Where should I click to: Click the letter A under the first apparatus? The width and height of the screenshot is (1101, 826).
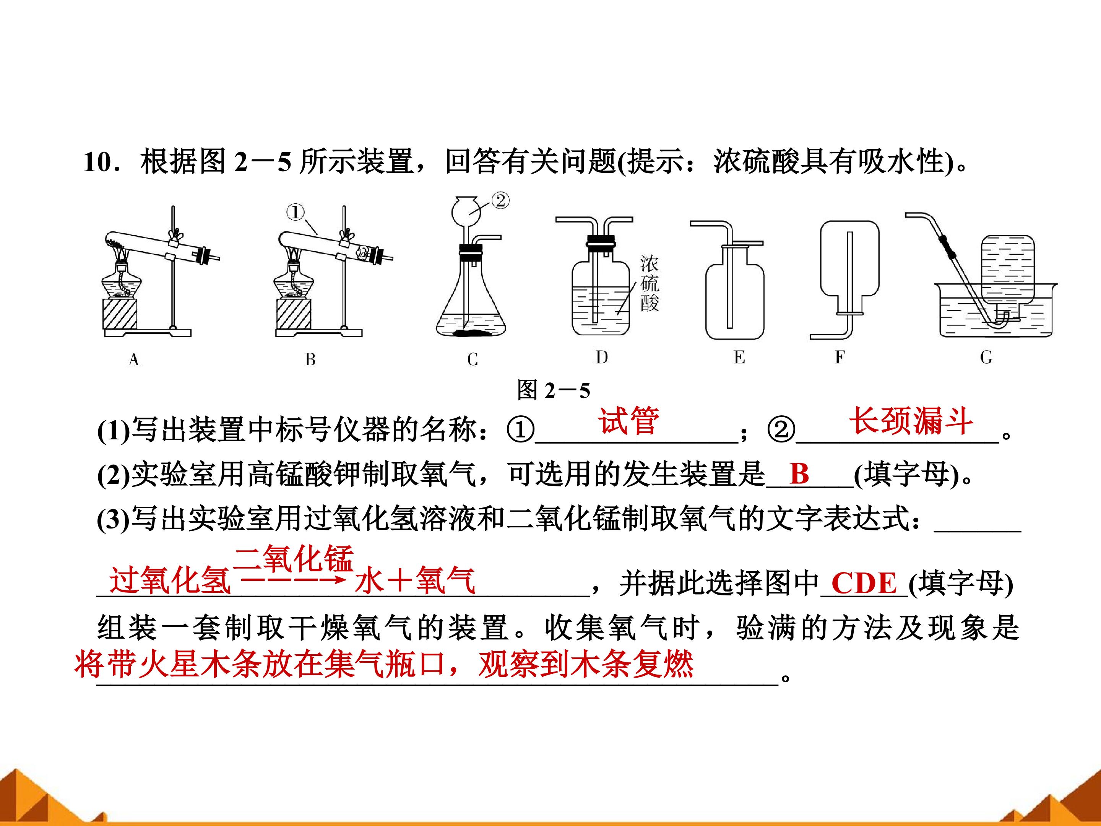tap(133, 359)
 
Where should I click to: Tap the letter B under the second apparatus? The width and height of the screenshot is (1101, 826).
tap(310, 359)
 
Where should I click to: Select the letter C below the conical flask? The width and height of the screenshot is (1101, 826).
tap(473, 359)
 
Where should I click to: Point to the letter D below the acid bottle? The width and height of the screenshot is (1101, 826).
tap(601, 357)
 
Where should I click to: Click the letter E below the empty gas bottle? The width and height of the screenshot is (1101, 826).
tap(739, 357)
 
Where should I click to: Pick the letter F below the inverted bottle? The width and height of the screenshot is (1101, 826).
tap(840, 357)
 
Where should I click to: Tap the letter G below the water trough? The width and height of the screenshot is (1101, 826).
tap(986, 357)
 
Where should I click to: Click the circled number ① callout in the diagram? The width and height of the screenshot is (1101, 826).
tap(295, 213)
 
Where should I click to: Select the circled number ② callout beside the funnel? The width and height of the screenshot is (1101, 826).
tap(500, 201)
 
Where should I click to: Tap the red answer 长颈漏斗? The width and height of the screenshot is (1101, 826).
tap(911, 421)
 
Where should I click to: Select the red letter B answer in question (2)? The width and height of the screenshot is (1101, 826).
tap(799, 473)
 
